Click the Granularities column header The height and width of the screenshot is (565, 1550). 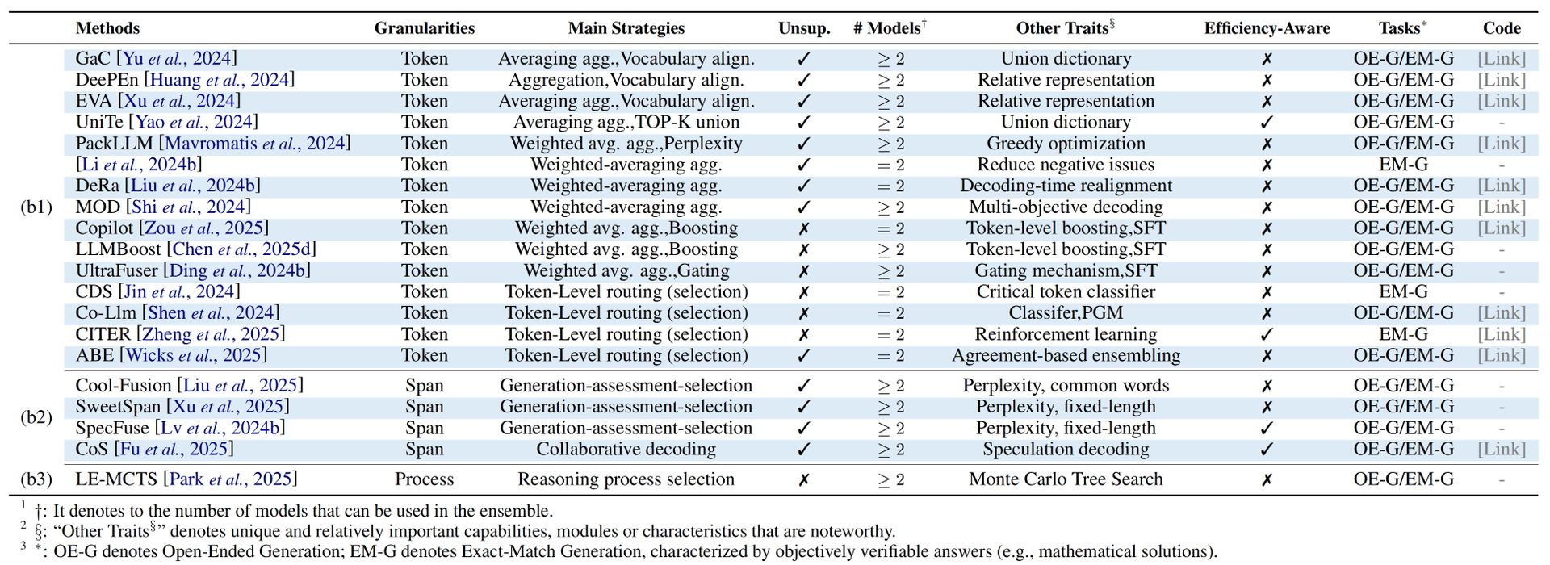424,28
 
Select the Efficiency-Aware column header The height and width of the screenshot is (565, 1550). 1267,28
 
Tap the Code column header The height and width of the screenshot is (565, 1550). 1502,28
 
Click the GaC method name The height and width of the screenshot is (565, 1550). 94,58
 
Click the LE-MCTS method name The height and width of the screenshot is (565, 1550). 116,479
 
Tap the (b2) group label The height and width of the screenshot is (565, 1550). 36,417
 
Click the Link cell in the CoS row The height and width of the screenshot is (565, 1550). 1502,449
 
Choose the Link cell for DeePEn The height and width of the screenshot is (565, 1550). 1502,80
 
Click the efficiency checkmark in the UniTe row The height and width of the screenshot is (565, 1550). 1267,123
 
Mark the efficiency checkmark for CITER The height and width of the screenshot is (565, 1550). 1267,334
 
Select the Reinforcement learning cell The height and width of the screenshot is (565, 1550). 1066,334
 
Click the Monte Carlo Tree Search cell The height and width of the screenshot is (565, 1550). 1066,479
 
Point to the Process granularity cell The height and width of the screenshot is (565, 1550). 424,479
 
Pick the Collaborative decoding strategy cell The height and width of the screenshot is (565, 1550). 626,449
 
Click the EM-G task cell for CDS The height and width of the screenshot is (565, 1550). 1403,291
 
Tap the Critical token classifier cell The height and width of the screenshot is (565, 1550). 1066,291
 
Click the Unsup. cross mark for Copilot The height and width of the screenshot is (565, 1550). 803,228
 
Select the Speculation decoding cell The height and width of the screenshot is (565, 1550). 1066,449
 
